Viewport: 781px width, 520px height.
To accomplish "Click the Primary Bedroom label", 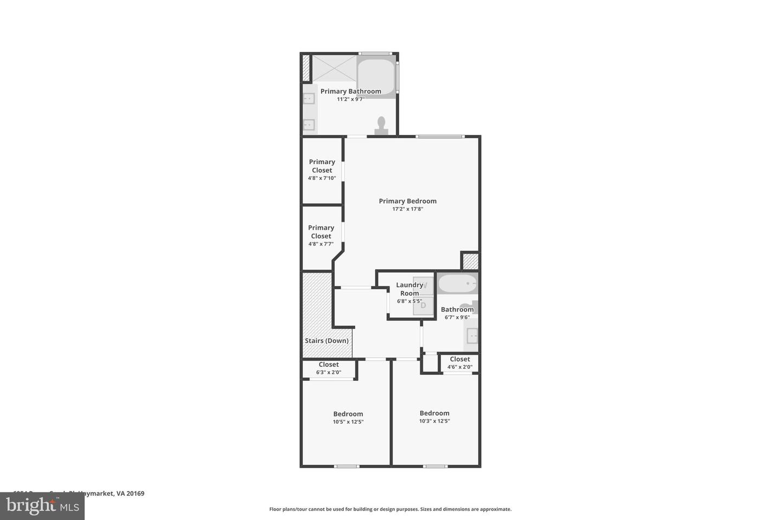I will coord(407,201).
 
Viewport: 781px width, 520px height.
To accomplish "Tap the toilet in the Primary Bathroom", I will coord(381,126).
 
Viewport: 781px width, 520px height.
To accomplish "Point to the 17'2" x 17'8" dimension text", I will coord(407,209).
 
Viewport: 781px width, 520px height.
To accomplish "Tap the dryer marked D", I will coord(424,306).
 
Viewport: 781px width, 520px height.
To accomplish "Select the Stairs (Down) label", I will coord(327,341).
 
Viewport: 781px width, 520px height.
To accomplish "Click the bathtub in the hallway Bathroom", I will coord(457,283).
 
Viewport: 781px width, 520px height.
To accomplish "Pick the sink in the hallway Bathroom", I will coord(472,336).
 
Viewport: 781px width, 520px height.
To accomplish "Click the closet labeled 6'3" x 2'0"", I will coord(329,368).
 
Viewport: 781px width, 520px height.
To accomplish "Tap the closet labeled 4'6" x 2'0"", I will coord(459,363).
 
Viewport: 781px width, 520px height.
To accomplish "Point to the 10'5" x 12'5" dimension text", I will coord(348,422).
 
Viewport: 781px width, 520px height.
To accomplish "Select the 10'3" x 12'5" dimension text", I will coord(434,421).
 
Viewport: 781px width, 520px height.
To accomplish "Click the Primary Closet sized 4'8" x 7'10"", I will coord(322,170).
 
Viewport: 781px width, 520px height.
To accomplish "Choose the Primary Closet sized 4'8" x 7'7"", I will coord(321,236).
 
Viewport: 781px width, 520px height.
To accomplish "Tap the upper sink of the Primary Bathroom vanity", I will coord(309,99).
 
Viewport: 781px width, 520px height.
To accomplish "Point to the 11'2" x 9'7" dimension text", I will coord(350,99).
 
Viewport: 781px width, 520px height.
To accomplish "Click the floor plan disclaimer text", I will coord(390,509).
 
